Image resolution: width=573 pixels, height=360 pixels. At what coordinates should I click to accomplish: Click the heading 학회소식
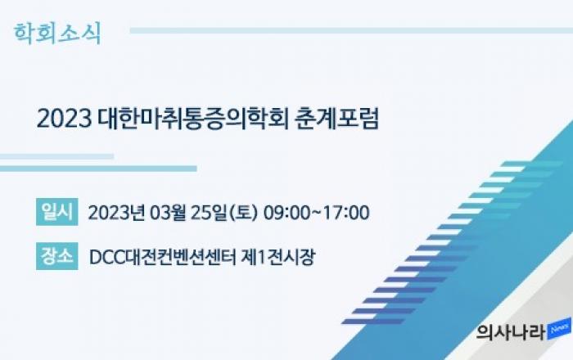click(57, 34)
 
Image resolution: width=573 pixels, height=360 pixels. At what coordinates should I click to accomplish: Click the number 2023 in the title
click(65, 119)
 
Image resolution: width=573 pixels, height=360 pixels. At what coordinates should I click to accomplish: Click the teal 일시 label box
click(57, 212)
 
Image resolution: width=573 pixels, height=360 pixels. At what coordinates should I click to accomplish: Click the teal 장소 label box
click(57, 256)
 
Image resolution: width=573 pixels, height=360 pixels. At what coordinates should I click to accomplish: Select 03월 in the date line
click(168, 213)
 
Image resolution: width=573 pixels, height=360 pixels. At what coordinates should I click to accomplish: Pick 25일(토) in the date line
click(225, 213)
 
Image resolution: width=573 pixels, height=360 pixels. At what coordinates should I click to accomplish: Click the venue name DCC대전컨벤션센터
click(163, 257)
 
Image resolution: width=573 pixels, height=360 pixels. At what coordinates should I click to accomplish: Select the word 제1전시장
click(277, 257)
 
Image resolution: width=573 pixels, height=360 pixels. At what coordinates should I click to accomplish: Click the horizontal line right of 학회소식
click(351, 30)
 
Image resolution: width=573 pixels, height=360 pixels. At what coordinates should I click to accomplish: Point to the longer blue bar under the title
click(98, 169)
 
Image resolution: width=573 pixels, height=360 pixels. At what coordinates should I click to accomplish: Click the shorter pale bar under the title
click(56, 156)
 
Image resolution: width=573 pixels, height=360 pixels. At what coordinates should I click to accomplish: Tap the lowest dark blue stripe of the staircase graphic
click(373, 322)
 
